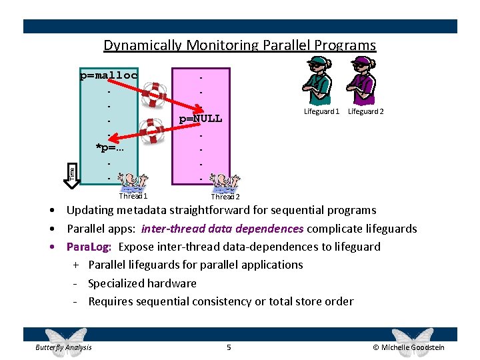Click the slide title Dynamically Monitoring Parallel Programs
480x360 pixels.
239,45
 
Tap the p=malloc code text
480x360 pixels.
109,75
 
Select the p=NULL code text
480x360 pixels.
200,119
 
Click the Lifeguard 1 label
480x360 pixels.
321,111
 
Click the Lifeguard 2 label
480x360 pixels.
366,111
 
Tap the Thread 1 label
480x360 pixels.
133,196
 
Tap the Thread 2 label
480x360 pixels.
225,197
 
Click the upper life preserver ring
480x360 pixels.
156,94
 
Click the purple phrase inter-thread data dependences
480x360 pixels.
223,229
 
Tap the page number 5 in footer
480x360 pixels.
229,347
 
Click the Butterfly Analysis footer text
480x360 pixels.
64,347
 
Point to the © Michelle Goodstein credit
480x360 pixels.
409,347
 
